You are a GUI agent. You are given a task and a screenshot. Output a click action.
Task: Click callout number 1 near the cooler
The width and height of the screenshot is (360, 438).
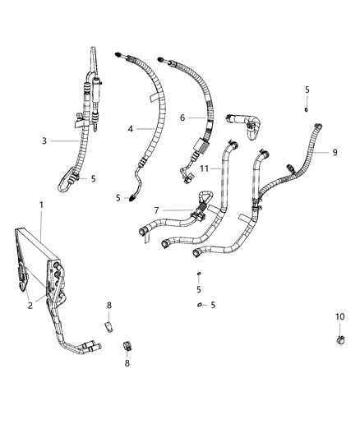pyautogui.click(x=41, y=204)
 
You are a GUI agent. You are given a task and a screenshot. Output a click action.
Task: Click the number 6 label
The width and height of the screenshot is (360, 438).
pyautogui.click(x=182, y=118)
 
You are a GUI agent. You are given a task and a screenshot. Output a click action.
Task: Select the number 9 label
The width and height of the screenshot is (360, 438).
pyautogui.click(x=335, y=151)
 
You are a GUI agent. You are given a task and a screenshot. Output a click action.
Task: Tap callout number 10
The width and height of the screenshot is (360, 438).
pyautogui.click(x=339, y=317)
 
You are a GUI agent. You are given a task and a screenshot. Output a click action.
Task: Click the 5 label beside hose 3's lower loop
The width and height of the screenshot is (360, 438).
pyautogui.click(x=93, y=178)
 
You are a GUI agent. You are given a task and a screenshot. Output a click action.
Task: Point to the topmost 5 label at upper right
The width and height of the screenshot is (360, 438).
pyautogui.click(x=307, y=90)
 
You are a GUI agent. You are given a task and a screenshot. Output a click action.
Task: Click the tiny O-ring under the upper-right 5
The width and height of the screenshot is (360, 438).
pyautogui.click(x=306, y=108)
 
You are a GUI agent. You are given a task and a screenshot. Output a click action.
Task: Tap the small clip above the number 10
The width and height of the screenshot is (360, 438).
pyautogui.click(x=339, y=337)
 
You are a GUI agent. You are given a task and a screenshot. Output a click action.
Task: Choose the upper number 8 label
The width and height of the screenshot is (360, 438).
pyautogui.click(x=108, y=306)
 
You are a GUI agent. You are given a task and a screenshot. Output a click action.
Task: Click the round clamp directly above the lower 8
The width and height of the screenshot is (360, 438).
pyautogui.click(x=128, y=343)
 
